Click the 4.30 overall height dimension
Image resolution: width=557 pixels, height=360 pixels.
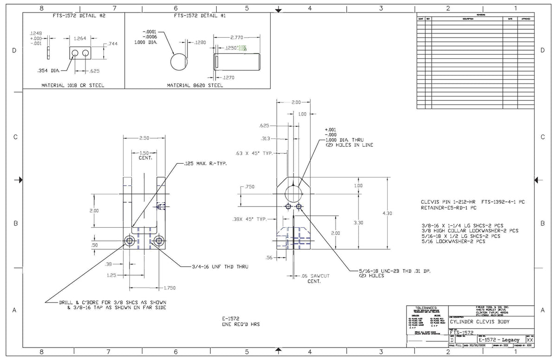tap(388, 213)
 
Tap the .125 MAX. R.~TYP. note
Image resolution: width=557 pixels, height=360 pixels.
tap(205, 164)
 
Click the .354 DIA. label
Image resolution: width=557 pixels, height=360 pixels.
tap(48, 71)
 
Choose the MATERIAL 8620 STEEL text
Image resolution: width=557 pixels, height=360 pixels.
tap(195, 85)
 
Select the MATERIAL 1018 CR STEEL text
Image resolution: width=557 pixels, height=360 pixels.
tap(73, 85)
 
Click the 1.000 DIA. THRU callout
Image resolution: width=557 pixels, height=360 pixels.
tap(343, 140)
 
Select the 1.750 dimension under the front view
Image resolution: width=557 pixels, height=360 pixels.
tap(170, 288)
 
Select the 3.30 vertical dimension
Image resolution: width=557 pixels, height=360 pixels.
tap(358, 223)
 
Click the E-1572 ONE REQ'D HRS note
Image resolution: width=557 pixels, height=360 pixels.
tap(241, 322)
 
